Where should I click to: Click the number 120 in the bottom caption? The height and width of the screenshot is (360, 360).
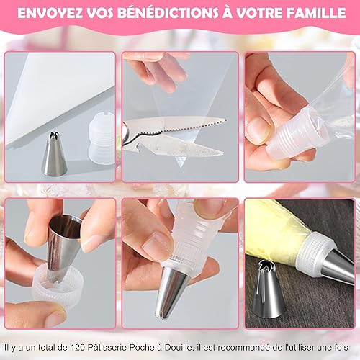[x=78, y=347]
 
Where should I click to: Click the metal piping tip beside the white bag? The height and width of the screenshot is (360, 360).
[x=55, y=153]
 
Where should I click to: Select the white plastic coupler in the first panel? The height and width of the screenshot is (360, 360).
[x=102, y=139]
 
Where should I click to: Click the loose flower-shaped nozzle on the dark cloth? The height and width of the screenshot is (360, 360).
[x=269, y=289]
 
